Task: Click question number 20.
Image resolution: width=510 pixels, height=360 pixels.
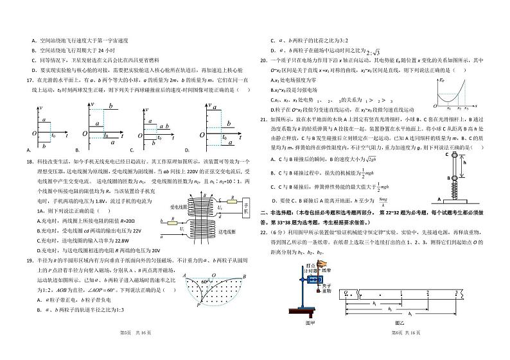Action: point(263,61)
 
